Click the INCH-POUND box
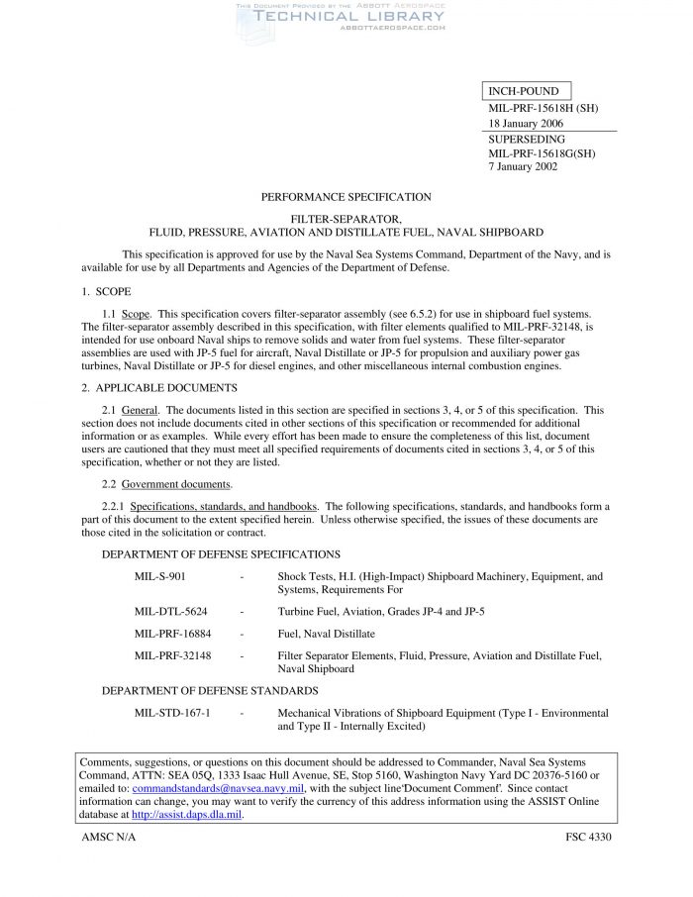click(528, 92)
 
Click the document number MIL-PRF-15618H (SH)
click(543, 108)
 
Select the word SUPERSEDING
click(527, 140)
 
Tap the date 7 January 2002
click(523, 166)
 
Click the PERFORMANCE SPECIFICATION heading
click(346, 197)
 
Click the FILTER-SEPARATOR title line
click(346, 217)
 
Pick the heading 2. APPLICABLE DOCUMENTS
click(158, 387)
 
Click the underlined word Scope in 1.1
click(137, 313)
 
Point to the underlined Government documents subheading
click(176, 484)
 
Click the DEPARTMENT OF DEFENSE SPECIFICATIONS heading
click(221, 554)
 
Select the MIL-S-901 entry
click(159, 576)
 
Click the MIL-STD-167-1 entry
click(172, 713)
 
